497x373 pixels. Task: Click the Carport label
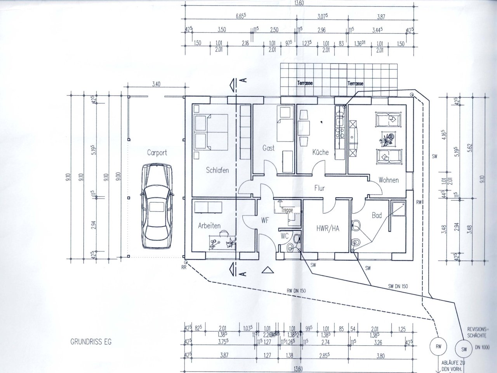point(157,153)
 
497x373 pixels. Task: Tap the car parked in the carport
point(156,206)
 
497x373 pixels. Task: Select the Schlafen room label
point(217,170)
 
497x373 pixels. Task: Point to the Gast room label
point(268,148)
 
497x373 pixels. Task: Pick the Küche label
point(320,152)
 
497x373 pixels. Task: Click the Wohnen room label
point(389,180)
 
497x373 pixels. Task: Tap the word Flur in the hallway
point(320,188)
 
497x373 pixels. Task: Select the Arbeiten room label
point(209,226)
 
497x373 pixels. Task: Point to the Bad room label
point(377,215)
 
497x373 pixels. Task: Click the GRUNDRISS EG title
point(90,342)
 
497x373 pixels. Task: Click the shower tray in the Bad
point(398,209)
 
